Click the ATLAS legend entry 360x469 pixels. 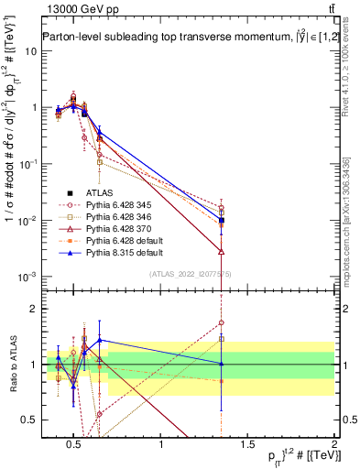pyautogui.click(x=97, y=192)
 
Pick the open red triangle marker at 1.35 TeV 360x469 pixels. pyautogui.click(x=222, y=250)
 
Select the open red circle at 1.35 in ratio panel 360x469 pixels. pyautogui.click(x=222, y=322)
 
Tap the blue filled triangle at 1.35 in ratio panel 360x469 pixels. pyautogui.click(x=222, y=364)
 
